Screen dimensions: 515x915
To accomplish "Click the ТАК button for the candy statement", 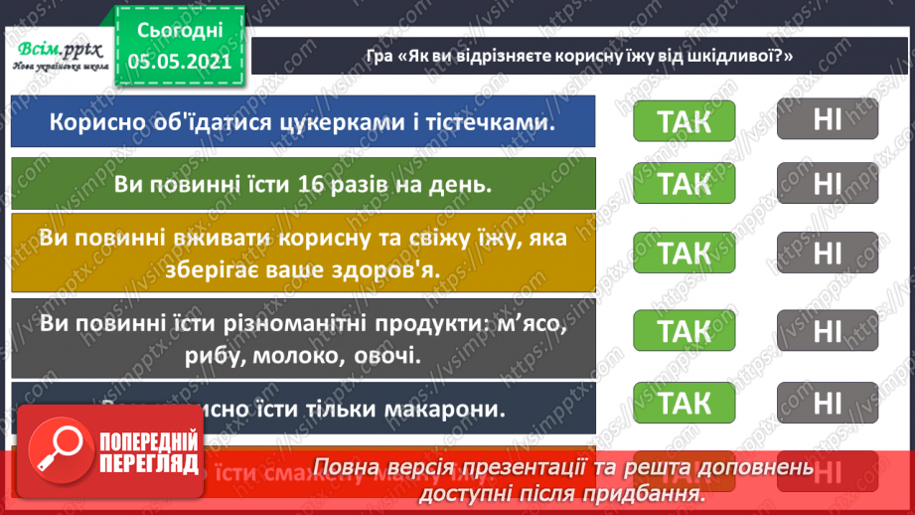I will coord(685,121).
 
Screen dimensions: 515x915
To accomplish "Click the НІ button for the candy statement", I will coord(827,121).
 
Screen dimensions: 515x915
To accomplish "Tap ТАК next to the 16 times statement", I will coord(685,184).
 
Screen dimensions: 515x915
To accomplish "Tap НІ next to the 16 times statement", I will coord(827,184).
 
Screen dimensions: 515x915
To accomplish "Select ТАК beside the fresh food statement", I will coord(685,254).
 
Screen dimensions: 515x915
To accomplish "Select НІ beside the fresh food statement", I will coord(827,254).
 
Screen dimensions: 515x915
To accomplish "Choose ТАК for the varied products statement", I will coord(685,330).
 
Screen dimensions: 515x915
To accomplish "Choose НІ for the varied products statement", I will coord(827,330).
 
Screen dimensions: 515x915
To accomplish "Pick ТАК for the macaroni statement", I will coord(685,403).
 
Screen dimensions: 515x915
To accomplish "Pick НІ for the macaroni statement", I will coord(827,403).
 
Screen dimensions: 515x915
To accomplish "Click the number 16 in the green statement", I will coord(307,184).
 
